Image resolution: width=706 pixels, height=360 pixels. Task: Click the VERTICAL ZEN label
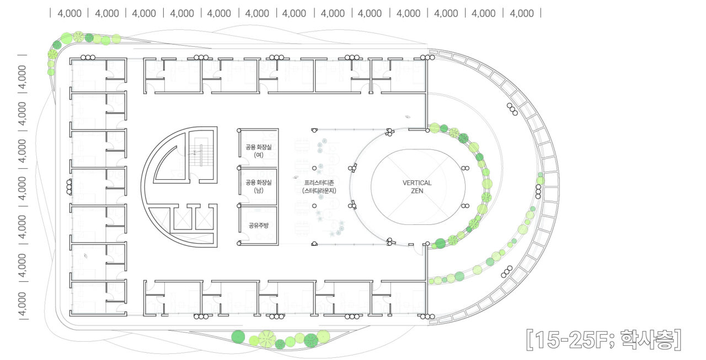[x=416, y=187]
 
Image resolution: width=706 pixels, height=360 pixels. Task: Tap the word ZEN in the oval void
[x=417, y=191]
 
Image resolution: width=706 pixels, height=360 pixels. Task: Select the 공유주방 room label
[x=259, y=225]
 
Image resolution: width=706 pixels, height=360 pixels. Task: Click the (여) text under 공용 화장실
[x=259, y=155]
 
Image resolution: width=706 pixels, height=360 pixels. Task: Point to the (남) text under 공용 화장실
[x=259, y=190]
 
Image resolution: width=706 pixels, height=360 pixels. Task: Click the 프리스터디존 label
[x=319, y=182]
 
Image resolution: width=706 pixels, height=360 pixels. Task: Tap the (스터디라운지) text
[x=319, y=191]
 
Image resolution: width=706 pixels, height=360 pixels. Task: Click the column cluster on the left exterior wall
[x=69, y=187]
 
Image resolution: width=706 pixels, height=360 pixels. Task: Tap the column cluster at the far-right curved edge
[x=538, y=191]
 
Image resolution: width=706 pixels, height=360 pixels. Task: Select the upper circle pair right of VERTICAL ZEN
[x=465, y=168]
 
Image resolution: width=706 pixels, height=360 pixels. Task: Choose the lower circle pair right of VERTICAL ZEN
[x=465, y=206]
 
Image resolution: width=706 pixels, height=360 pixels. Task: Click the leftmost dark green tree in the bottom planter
[x=238, y=337]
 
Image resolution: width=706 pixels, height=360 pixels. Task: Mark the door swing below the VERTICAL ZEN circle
[x=418, y=250]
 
